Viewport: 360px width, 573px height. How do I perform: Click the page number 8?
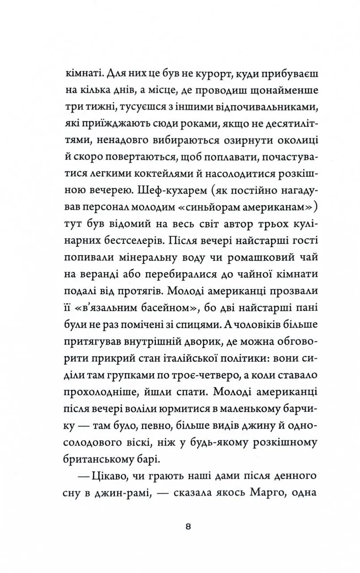click(188, 526)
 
